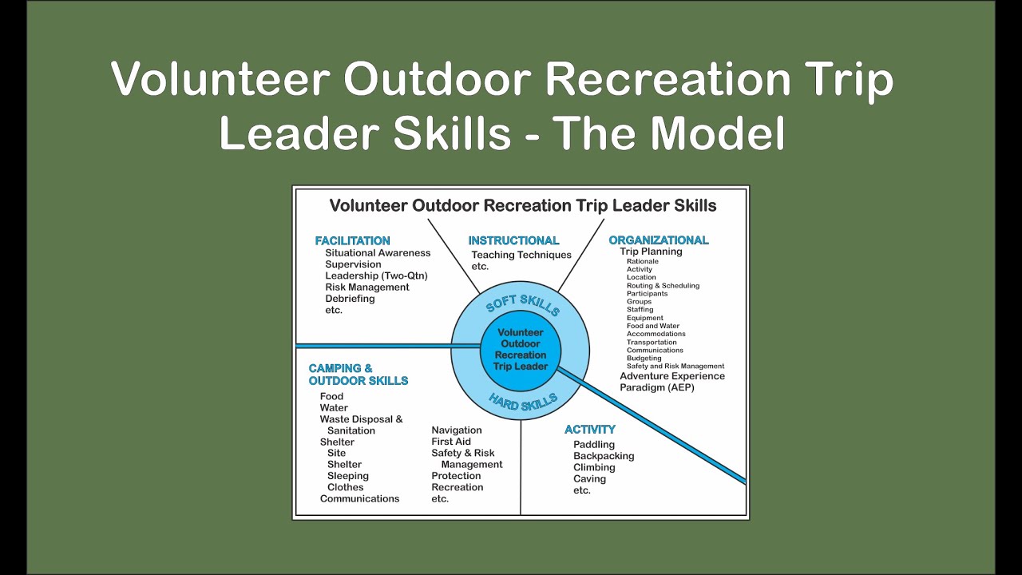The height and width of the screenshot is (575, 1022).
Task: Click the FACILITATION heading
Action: click(x=352, y=240)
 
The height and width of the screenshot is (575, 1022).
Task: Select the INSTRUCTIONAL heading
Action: click(x=513, y=240)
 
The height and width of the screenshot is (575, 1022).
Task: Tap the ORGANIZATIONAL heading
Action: click(x=658, y=240)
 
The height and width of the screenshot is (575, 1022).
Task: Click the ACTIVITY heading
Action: click(x=589, y=430)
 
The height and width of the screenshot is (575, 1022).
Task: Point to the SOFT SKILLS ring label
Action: click(x=522, y=305)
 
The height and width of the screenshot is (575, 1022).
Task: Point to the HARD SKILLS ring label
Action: click(x=522, y=402)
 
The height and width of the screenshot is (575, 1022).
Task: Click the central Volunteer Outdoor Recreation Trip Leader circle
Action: click(x=521, y=350)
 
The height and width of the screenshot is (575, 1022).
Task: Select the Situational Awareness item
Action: click(x=377, y=253)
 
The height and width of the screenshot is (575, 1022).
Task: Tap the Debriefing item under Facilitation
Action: click(x=350, y=299)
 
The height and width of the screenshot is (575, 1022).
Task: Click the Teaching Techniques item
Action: click(x=521, y=255)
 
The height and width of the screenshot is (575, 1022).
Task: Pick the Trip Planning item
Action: click(x=651, y=252)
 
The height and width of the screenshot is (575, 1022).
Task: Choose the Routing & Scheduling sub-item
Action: click(x=663, y=286)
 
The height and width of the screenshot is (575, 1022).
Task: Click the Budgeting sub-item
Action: click(x=644, y=359)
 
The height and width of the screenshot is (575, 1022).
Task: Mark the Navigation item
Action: click(x=457, y=430)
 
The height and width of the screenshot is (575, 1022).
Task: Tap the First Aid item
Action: click(x=451, y=442)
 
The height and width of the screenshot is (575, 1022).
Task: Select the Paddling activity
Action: click(x=593, y=445)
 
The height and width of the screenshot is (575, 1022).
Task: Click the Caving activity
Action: click(x=589, y=479)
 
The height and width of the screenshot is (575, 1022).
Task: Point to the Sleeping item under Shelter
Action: click(x=347, y=476)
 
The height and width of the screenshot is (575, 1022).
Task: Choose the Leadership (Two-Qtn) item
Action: click(x=376, y=276)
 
